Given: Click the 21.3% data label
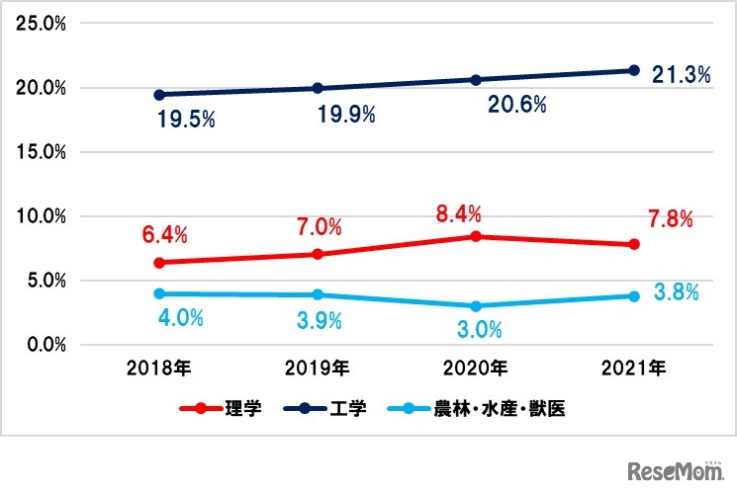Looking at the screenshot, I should pyautogui.click(x=682, y=75).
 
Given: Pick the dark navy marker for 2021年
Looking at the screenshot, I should pyautogui.click(x=634, y=70).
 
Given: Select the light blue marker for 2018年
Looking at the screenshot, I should pyautogui.click(x=159, y=293).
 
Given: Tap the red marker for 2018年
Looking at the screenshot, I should pyautogui.click(x=159, y=263).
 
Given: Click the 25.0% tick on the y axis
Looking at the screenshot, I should pyautogui.click(x=40, y=24).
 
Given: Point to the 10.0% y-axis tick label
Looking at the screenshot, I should pyautogui.click(x=40, y=216).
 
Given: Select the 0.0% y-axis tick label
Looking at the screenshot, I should pyautogui.click(x=44, y=345).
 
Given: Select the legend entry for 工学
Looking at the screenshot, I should pyautogui.click(x=325, y=408).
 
